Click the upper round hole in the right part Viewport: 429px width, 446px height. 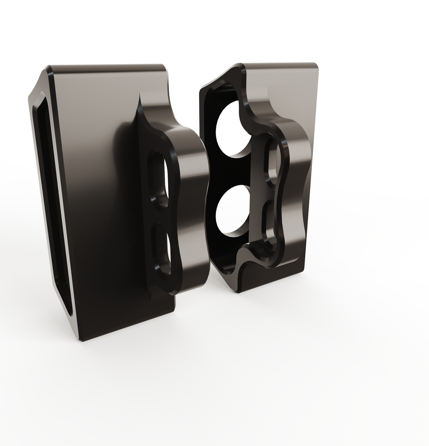[231, 129]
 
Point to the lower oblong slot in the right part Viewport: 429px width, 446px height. [271, 222]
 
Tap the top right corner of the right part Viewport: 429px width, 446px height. [316, 65]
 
